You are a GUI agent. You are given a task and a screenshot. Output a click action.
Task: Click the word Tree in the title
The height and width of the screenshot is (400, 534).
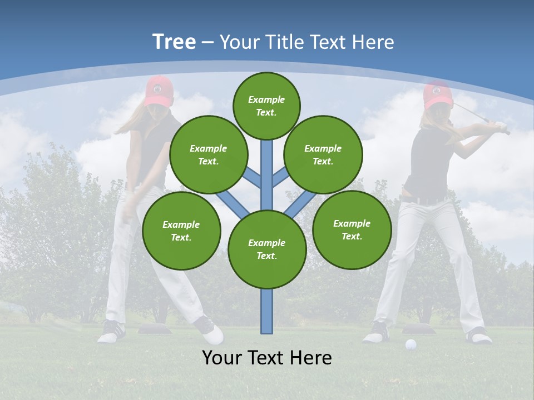(x=174, y=42)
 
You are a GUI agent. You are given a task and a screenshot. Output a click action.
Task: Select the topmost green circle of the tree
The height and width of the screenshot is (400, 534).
(x=266, y=106)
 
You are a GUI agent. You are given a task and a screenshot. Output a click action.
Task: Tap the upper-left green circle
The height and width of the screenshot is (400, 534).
(x=209, y=154)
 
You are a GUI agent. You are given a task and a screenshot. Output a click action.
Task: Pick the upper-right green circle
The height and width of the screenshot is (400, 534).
(x=323, y=154)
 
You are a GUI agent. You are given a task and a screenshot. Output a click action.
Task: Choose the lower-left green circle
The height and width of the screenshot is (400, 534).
(x=181, y=231)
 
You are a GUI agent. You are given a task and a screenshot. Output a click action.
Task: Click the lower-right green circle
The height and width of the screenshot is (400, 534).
(x=352, y=229)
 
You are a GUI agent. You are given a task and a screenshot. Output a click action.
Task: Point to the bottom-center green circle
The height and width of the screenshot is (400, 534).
(x=267, y=249)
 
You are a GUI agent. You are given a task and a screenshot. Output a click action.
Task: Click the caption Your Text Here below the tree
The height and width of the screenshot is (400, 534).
(x=267, y=358)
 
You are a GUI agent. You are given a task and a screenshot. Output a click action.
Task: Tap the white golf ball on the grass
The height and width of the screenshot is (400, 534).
(x=411, y=344)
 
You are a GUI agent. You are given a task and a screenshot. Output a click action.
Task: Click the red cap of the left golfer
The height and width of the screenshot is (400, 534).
(x=159, y=91)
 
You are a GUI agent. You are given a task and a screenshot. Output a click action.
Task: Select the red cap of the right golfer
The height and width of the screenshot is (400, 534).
(x=437, y=94)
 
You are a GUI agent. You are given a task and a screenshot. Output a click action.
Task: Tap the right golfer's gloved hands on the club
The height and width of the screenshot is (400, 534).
(x=502, y=127)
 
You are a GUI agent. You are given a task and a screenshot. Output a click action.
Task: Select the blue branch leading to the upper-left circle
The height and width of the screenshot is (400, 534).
(x=253, y=178)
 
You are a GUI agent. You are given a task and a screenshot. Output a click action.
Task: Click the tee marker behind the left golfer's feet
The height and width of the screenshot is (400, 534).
(x=153, y=329)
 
